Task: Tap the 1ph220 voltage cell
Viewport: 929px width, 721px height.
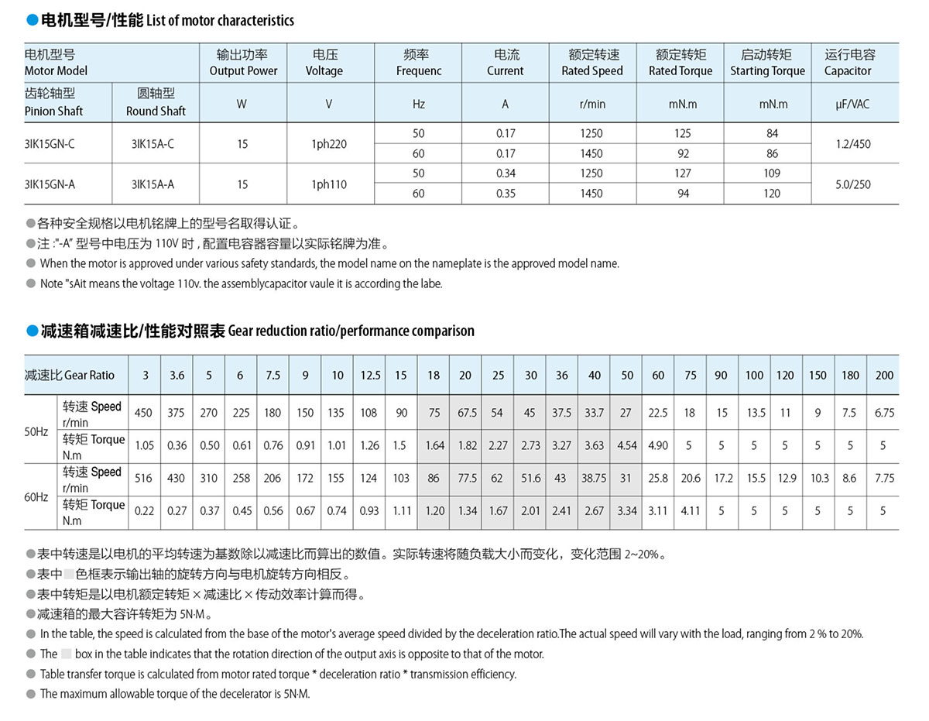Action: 328,144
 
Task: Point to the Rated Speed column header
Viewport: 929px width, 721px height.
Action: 592,63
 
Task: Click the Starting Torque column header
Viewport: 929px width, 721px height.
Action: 767,63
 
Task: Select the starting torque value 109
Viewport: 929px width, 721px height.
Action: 772,173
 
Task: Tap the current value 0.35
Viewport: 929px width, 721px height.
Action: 506,194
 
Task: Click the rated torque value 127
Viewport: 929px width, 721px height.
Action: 683,173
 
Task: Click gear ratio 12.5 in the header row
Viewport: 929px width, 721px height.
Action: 370,376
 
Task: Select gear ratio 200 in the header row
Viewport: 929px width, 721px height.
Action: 884,376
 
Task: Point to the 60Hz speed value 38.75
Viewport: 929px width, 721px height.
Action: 594,479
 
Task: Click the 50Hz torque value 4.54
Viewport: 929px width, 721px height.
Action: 626,446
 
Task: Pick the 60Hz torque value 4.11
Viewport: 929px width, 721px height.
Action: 690,511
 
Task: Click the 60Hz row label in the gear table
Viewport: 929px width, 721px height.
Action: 36,496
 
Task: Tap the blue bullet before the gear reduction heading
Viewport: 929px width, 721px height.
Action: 32,331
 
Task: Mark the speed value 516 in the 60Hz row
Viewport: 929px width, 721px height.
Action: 143,479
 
